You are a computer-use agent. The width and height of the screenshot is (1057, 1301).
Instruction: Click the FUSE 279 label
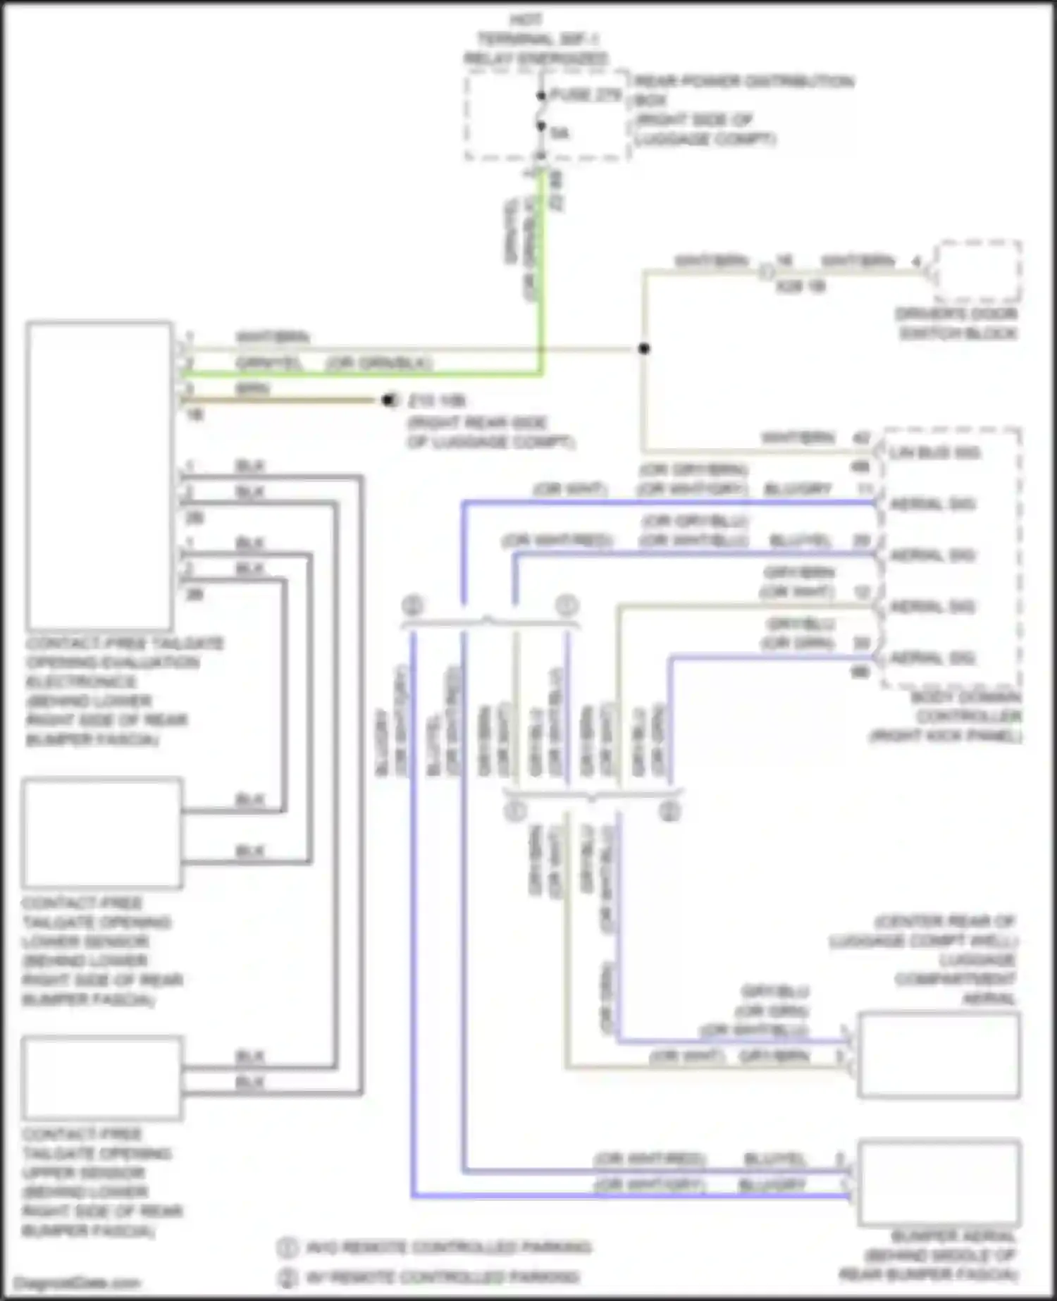point(586,94)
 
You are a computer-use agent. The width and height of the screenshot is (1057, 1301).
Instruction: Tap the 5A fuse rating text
point(560,132)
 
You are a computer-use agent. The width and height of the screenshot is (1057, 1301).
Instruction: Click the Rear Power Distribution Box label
point(743,81)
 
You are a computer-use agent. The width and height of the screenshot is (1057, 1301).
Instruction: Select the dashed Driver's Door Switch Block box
point(977,271)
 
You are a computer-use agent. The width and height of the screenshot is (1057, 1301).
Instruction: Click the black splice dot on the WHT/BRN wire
point(643,348)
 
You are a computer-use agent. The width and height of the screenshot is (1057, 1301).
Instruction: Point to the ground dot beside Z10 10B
point(387,400)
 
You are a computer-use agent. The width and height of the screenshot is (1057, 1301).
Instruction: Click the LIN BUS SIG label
point(933,452)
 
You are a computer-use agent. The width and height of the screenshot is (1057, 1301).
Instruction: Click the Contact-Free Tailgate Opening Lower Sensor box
point(102,833)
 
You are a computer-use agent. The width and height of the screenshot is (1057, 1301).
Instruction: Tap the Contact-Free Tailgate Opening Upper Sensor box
point(102,1078)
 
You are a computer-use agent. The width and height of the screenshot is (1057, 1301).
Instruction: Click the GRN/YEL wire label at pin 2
point(268,363)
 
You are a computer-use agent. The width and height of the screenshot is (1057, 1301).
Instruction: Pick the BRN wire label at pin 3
point(252,389)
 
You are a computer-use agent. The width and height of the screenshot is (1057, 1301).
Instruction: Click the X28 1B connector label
point(800,286)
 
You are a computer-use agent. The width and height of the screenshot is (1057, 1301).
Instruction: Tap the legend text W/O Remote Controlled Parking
point(448,1247)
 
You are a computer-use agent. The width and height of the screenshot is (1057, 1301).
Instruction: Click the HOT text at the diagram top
point(525,20)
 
